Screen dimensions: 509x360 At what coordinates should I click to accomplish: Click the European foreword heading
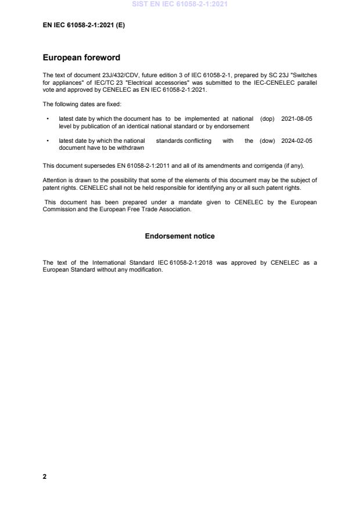[81, 58]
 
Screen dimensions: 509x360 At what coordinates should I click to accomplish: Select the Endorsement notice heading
[179, 236]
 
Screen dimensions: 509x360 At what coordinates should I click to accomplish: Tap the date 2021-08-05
[297, 118]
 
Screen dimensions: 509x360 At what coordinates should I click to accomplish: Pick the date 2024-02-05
[297, 141]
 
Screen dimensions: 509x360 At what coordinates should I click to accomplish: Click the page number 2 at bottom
[45, 476]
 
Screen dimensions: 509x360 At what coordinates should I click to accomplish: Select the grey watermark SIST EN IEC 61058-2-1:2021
[179, 4]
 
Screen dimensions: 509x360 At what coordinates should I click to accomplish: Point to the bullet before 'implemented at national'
[47, 118]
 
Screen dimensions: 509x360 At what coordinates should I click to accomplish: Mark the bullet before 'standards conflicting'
[47, 141]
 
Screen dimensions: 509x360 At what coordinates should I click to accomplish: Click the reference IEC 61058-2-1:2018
[182, 263]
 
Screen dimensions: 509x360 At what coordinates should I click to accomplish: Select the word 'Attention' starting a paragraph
[55, 180]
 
